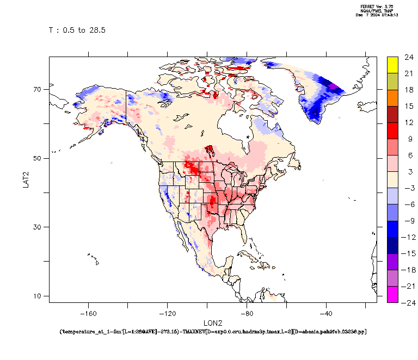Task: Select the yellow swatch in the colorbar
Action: [x=392, y=65]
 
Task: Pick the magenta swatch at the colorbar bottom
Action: [x=392, y=294]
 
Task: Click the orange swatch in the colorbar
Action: [x=392, y=98]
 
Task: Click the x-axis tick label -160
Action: [x=88, y=313]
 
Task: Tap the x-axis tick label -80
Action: [x=247, y=313]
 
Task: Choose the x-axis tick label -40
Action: [x=327, y=313]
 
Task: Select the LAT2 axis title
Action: [x=26, y=178]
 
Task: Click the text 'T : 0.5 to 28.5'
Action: [x=77, y=30]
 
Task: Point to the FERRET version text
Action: [x=377, y=7]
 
